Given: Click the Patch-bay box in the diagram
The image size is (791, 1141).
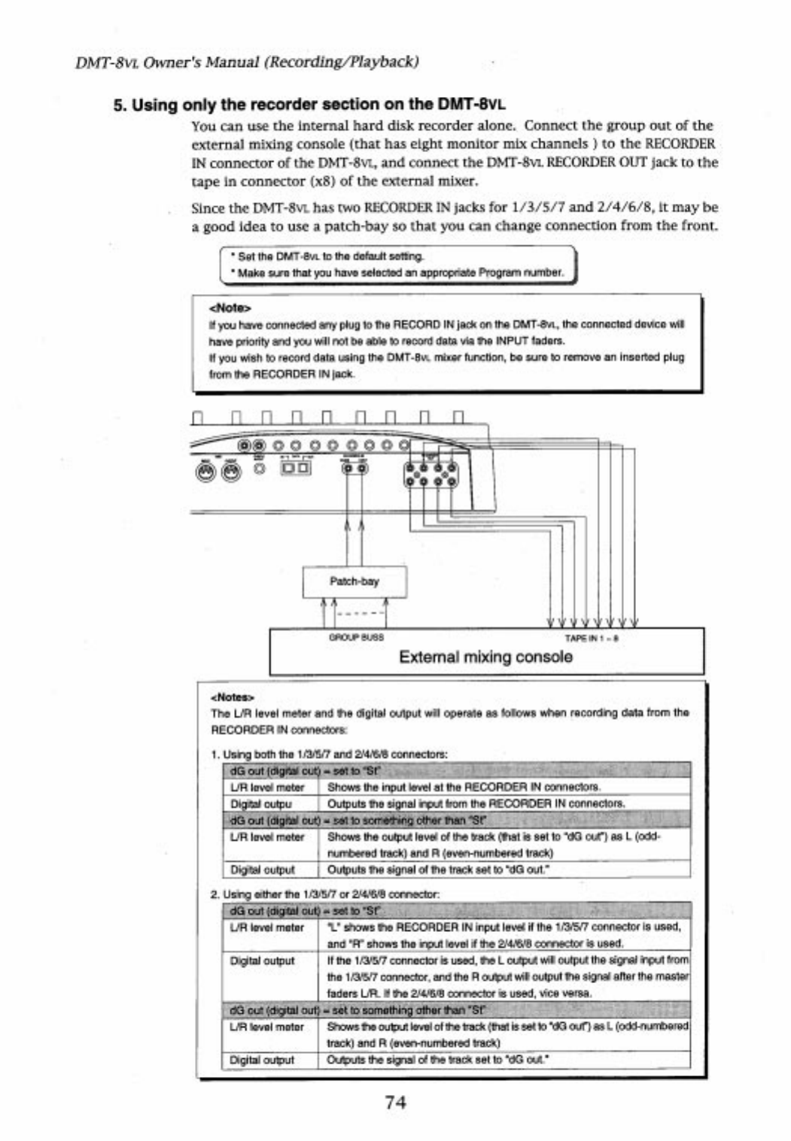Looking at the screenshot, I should coord(354,581).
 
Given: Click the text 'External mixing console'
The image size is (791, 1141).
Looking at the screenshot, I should coord(485,657).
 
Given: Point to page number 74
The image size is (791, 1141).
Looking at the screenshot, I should coord(395,1102).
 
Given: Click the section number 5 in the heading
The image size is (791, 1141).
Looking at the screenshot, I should coord(117,105).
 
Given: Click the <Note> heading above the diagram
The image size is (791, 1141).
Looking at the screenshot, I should coord(229,307).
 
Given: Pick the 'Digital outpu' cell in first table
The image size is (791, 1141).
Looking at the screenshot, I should coord(261,803).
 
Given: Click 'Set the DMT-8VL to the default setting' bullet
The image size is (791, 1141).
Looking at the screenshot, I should coord(330,257).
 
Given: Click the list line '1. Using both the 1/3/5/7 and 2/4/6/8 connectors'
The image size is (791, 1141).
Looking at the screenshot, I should coord(329,753).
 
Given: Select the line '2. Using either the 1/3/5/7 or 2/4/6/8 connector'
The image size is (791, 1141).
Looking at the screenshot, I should coord(324,894).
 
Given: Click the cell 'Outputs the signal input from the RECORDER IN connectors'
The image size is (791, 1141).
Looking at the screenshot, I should coord(476,803).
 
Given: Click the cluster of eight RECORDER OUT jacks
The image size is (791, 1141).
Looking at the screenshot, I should coord(430,474).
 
